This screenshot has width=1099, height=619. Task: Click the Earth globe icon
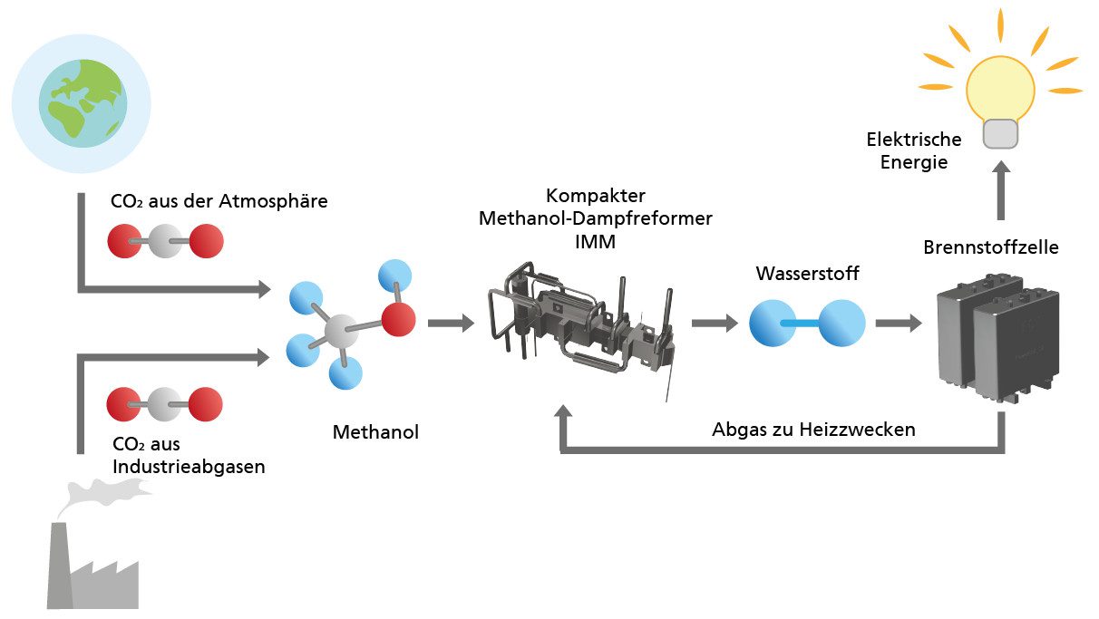tap(81, 102)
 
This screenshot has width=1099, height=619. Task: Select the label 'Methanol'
tap(375, 432)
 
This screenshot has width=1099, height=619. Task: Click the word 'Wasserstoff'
tap(807, 273)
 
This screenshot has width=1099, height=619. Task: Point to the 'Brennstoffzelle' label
tap(990, 247)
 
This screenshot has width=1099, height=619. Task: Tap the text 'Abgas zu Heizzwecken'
tap(813, 430)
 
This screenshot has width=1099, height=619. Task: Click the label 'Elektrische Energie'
tap(913, 151)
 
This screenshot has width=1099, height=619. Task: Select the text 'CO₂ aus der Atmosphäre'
tap(219, 201)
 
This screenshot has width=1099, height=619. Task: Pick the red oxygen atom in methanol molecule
tap(398, 319)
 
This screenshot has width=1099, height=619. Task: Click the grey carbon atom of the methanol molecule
tap(340, 332)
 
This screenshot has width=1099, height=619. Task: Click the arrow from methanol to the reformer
tap(451, 322)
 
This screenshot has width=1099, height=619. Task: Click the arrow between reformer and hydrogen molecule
tap(714, 323)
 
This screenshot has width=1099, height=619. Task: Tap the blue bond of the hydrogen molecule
tap(807, 323)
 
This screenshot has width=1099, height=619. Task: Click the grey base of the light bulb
tap(1000, 134)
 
